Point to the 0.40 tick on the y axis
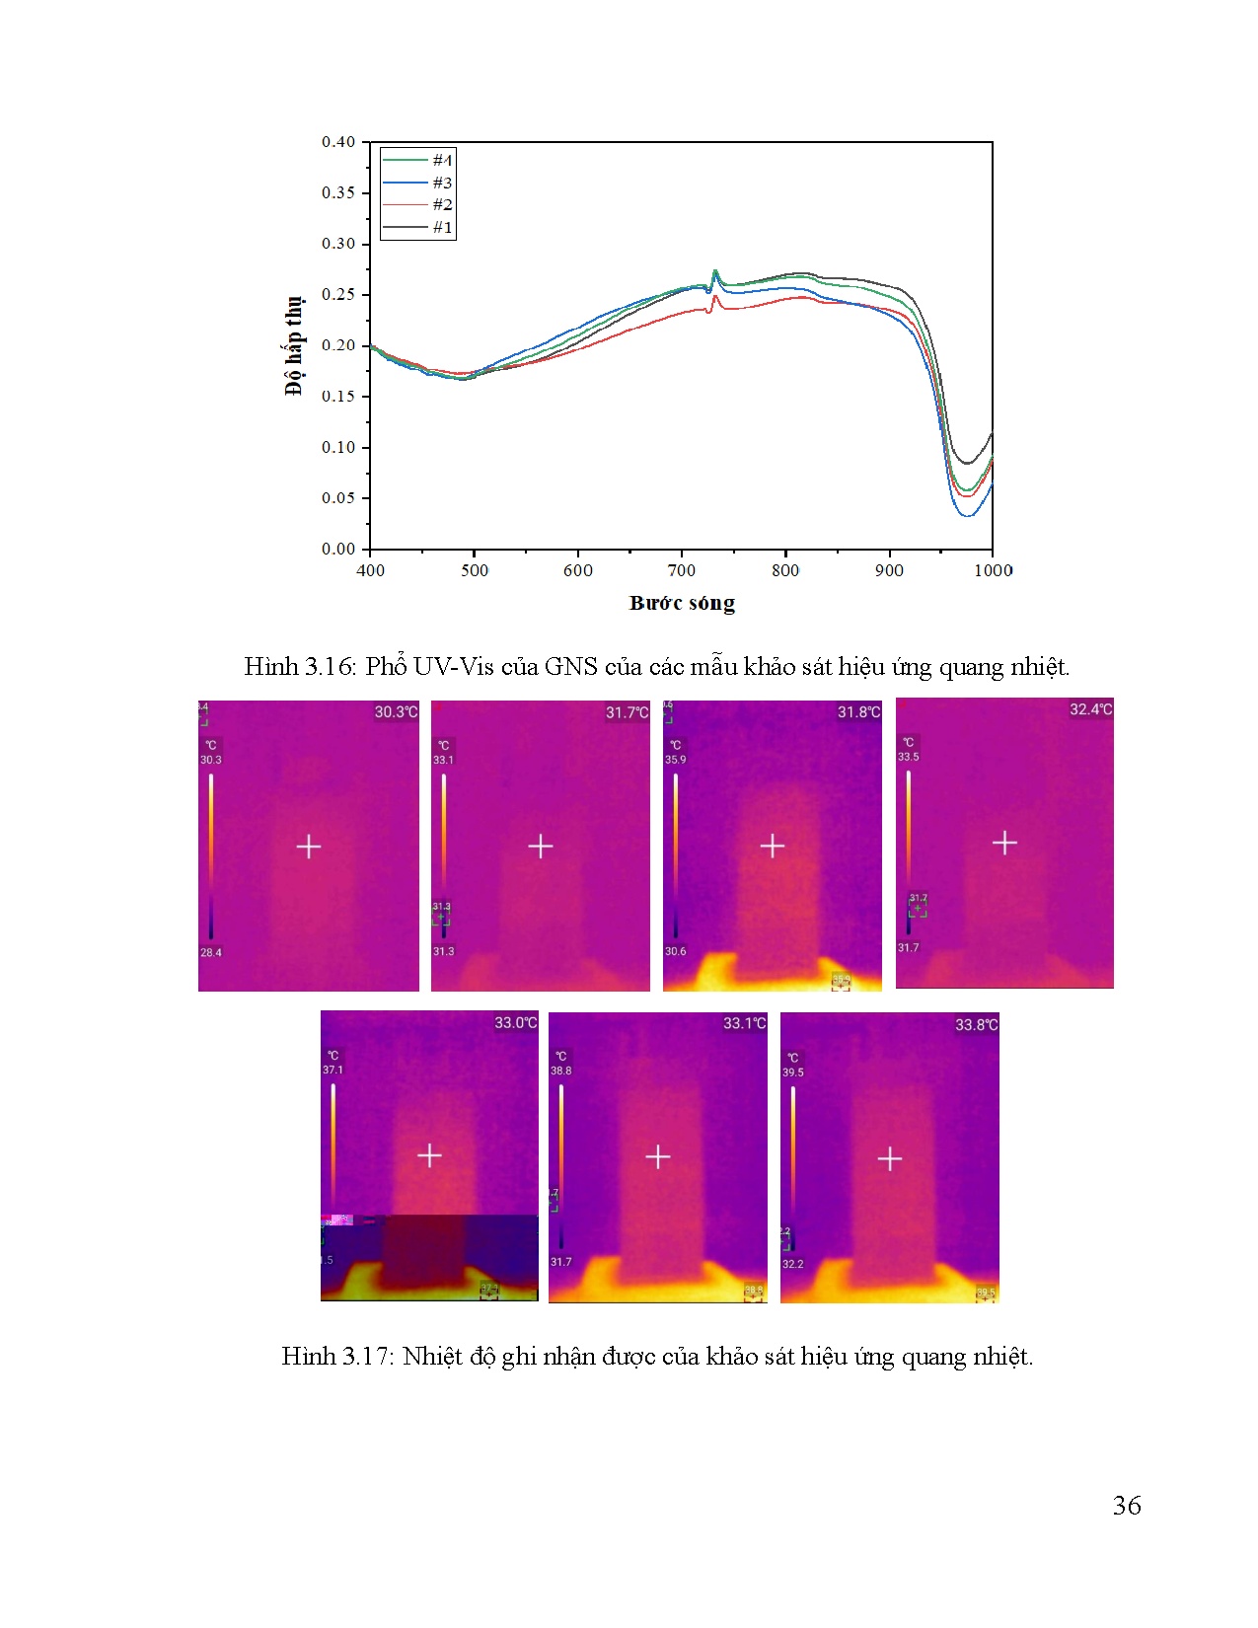[337, 142]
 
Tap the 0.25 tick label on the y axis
[337, 294]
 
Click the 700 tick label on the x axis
[681, 570]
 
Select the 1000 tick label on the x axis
[993, 570]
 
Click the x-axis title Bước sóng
[682, 603]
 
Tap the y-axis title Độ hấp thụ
[294, 345]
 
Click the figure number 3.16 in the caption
[329, 667]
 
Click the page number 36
[1127, 1506]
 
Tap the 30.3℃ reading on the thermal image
[396, 712]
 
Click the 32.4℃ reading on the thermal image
[1090, 709]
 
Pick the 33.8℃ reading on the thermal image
[976, 1025]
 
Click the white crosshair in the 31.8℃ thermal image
[773, 846]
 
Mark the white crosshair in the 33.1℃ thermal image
[658, 1156]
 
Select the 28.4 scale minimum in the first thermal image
[211, 952]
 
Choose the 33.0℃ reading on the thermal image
[515, 1023]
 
